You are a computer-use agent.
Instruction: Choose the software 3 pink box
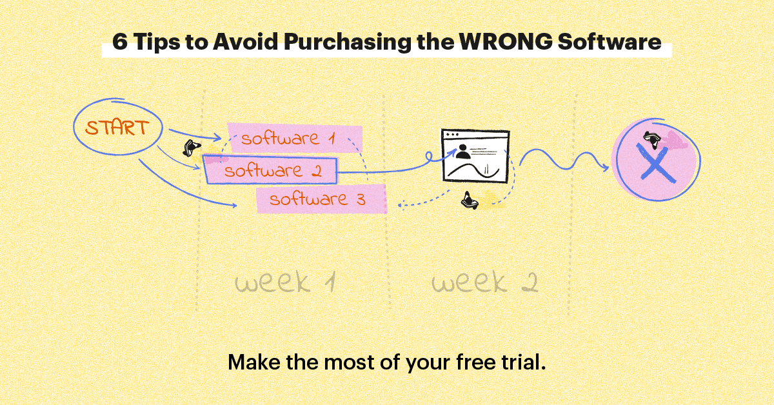(x=321, y=199)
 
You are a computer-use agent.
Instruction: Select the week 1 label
(x=284, y=282)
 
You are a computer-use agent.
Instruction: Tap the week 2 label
(x=484, y=282)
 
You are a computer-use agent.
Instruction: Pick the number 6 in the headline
(x=119, y=43)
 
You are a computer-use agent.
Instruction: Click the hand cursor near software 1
(x=188, y=149)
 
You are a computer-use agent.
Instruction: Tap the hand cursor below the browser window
(x=470, y=201)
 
